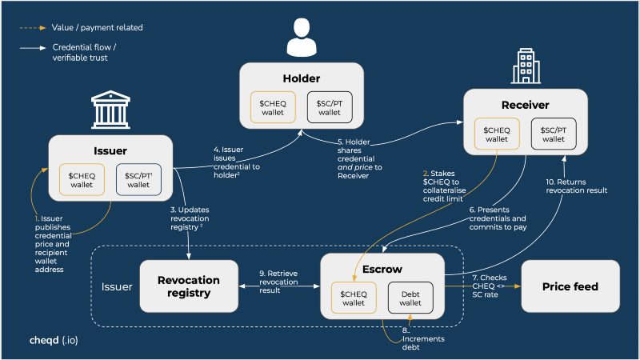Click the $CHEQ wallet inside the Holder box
(x=274, y=107)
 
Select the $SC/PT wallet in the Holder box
(x=330, y=107)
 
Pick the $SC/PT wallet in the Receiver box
(x=553, y=134)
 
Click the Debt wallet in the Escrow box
(x=410, y=297)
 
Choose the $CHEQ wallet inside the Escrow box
(x=354, y=297)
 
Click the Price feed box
(x=570, y=286)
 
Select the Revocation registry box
(x=189, y=286)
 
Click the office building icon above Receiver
(x=523, y=66)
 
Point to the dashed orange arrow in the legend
(x=34, y=28)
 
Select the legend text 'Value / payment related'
(x=97, y=28)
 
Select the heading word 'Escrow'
(x=382, y=270)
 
